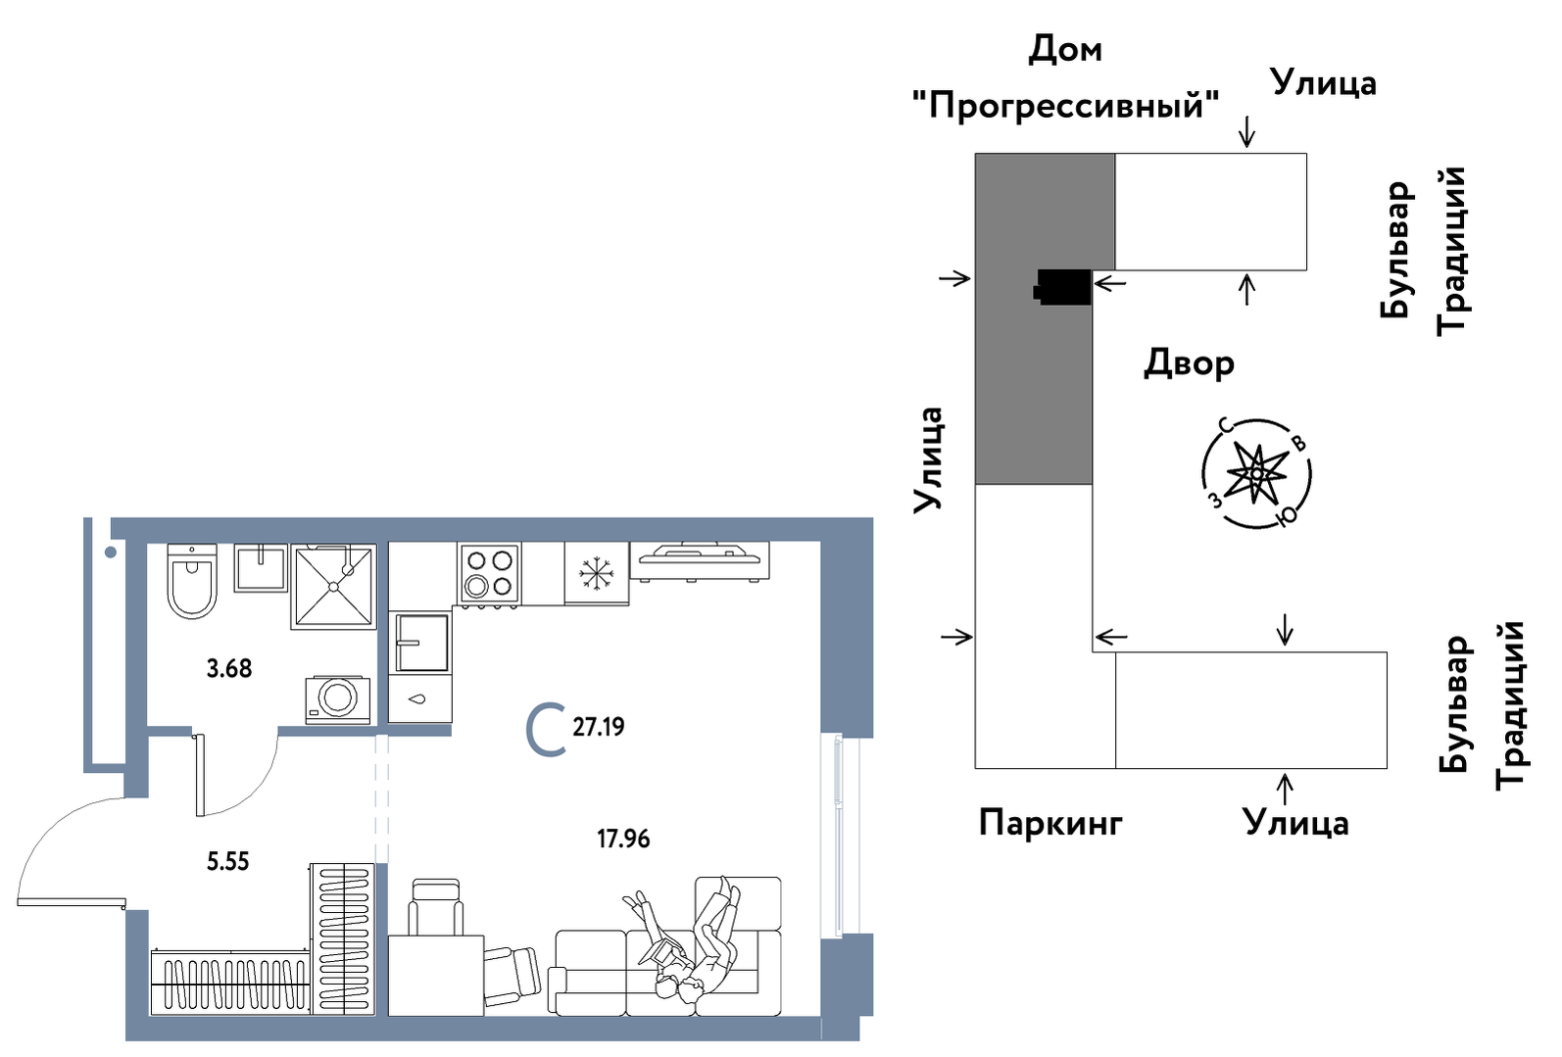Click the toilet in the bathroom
coord(191,581)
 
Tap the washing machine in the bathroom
coord(337,698)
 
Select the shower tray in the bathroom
coord(333,586)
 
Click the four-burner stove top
coord(489,574)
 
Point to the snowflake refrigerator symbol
coord(595,574)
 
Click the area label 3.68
coord(228,668)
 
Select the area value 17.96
coord(623,839)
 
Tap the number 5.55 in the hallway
coord(227,861)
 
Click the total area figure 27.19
coord(598,727)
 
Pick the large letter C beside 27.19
coord(546,730)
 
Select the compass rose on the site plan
coord(1256,474)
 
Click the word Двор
coord(1189,362)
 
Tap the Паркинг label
coord(1050,823)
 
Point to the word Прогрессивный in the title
coord(1065,104)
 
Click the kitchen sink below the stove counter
coord(421,643)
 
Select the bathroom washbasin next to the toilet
coord(261,568)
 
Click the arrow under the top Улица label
coord(1246,130)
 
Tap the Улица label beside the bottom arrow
coord(1295,823)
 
